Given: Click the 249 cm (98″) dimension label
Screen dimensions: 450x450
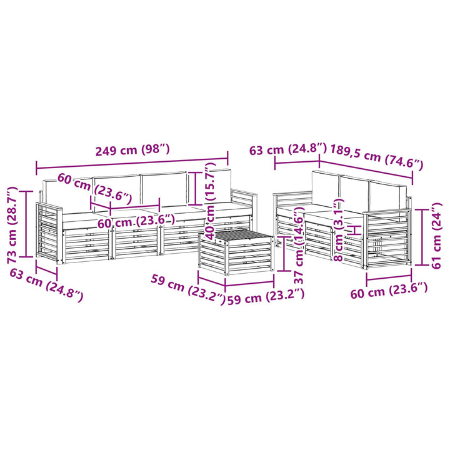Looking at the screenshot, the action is [132, 150].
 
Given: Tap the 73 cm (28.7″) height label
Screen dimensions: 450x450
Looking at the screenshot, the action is [12, 225].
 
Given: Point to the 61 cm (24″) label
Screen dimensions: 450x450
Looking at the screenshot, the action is [436, 236].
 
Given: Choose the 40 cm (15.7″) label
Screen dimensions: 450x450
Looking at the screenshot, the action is [211, 201].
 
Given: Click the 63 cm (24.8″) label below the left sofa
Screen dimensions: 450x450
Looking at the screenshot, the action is [46, 285].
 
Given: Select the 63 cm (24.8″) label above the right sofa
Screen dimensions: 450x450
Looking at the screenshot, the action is [288, 149].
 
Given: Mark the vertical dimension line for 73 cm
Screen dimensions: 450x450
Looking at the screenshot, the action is [27, 224].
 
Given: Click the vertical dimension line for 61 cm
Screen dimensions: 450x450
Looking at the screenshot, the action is [422, 237].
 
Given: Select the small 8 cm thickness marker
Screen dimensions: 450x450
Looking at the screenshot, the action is [356, 230].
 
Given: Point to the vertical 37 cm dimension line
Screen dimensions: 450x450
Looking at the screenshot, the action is [284, 254].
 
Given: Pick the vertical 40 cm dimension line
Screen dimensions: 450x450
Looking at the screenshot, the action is [196, 188].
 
